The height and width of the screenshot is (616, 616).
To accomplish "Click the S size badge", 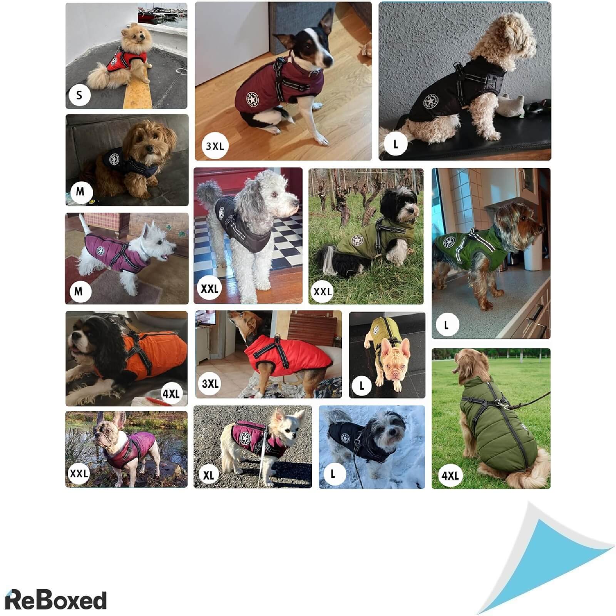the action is coord(79,95).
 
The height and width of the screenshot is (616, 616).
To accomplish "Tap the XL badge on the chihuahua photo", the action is coord(208,475).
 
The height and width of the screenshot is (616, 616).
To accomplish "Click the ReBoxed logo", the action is coord(56,600).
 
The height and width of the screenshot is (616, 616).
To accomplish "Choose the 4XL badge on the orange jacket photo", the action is coord(171,393).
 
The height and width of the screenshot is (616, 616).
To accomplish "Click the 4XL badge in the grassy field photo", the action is coord(450,475).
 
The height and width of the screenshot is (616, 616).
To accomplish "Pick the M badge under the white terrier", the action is coord(79,291).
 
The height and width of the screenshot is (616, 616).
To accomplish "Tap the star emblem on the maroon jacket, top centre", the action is coord(253,100).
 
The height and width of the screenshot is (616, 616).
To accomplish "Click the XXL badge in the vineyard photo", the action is coord(323,291).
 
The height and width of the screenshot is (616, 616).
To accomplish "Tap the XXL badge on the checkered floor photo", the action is coord(209,289).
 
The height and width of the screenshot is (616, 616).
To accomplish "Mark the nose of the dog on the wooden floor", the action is coord(329,61).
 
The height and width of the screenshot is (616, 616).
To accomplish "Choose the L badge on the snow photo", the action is coord(333,474).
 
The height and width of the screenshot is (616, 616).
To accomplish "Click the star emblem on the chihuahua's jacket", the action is coord(245,438).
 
